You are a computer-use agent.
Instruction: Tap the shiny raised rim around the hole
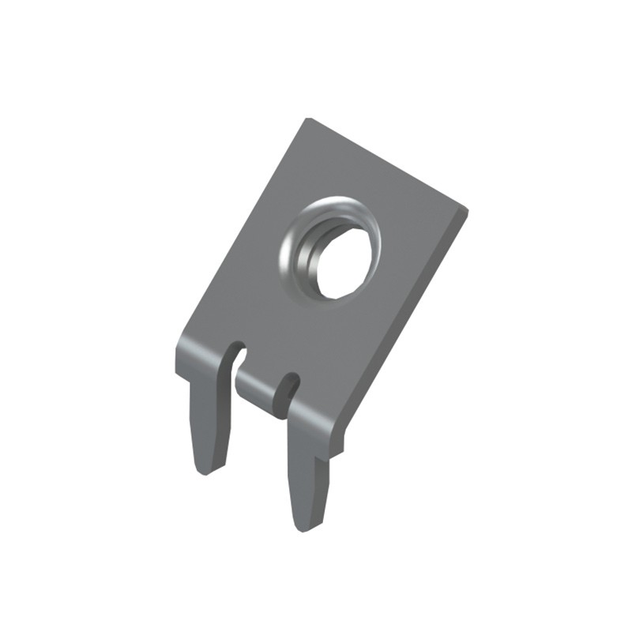click(x=294, y=237)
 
